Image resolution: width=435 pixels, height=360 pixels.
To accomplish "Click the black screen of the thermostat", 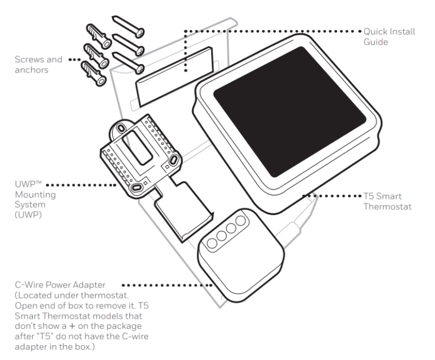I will point(289,110).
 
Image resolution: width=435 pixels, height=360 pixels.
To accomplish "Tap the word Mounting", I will point(31,195).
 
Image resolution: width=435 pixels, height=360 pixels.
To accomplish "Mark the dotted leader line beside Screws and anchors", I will point(72,59).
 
